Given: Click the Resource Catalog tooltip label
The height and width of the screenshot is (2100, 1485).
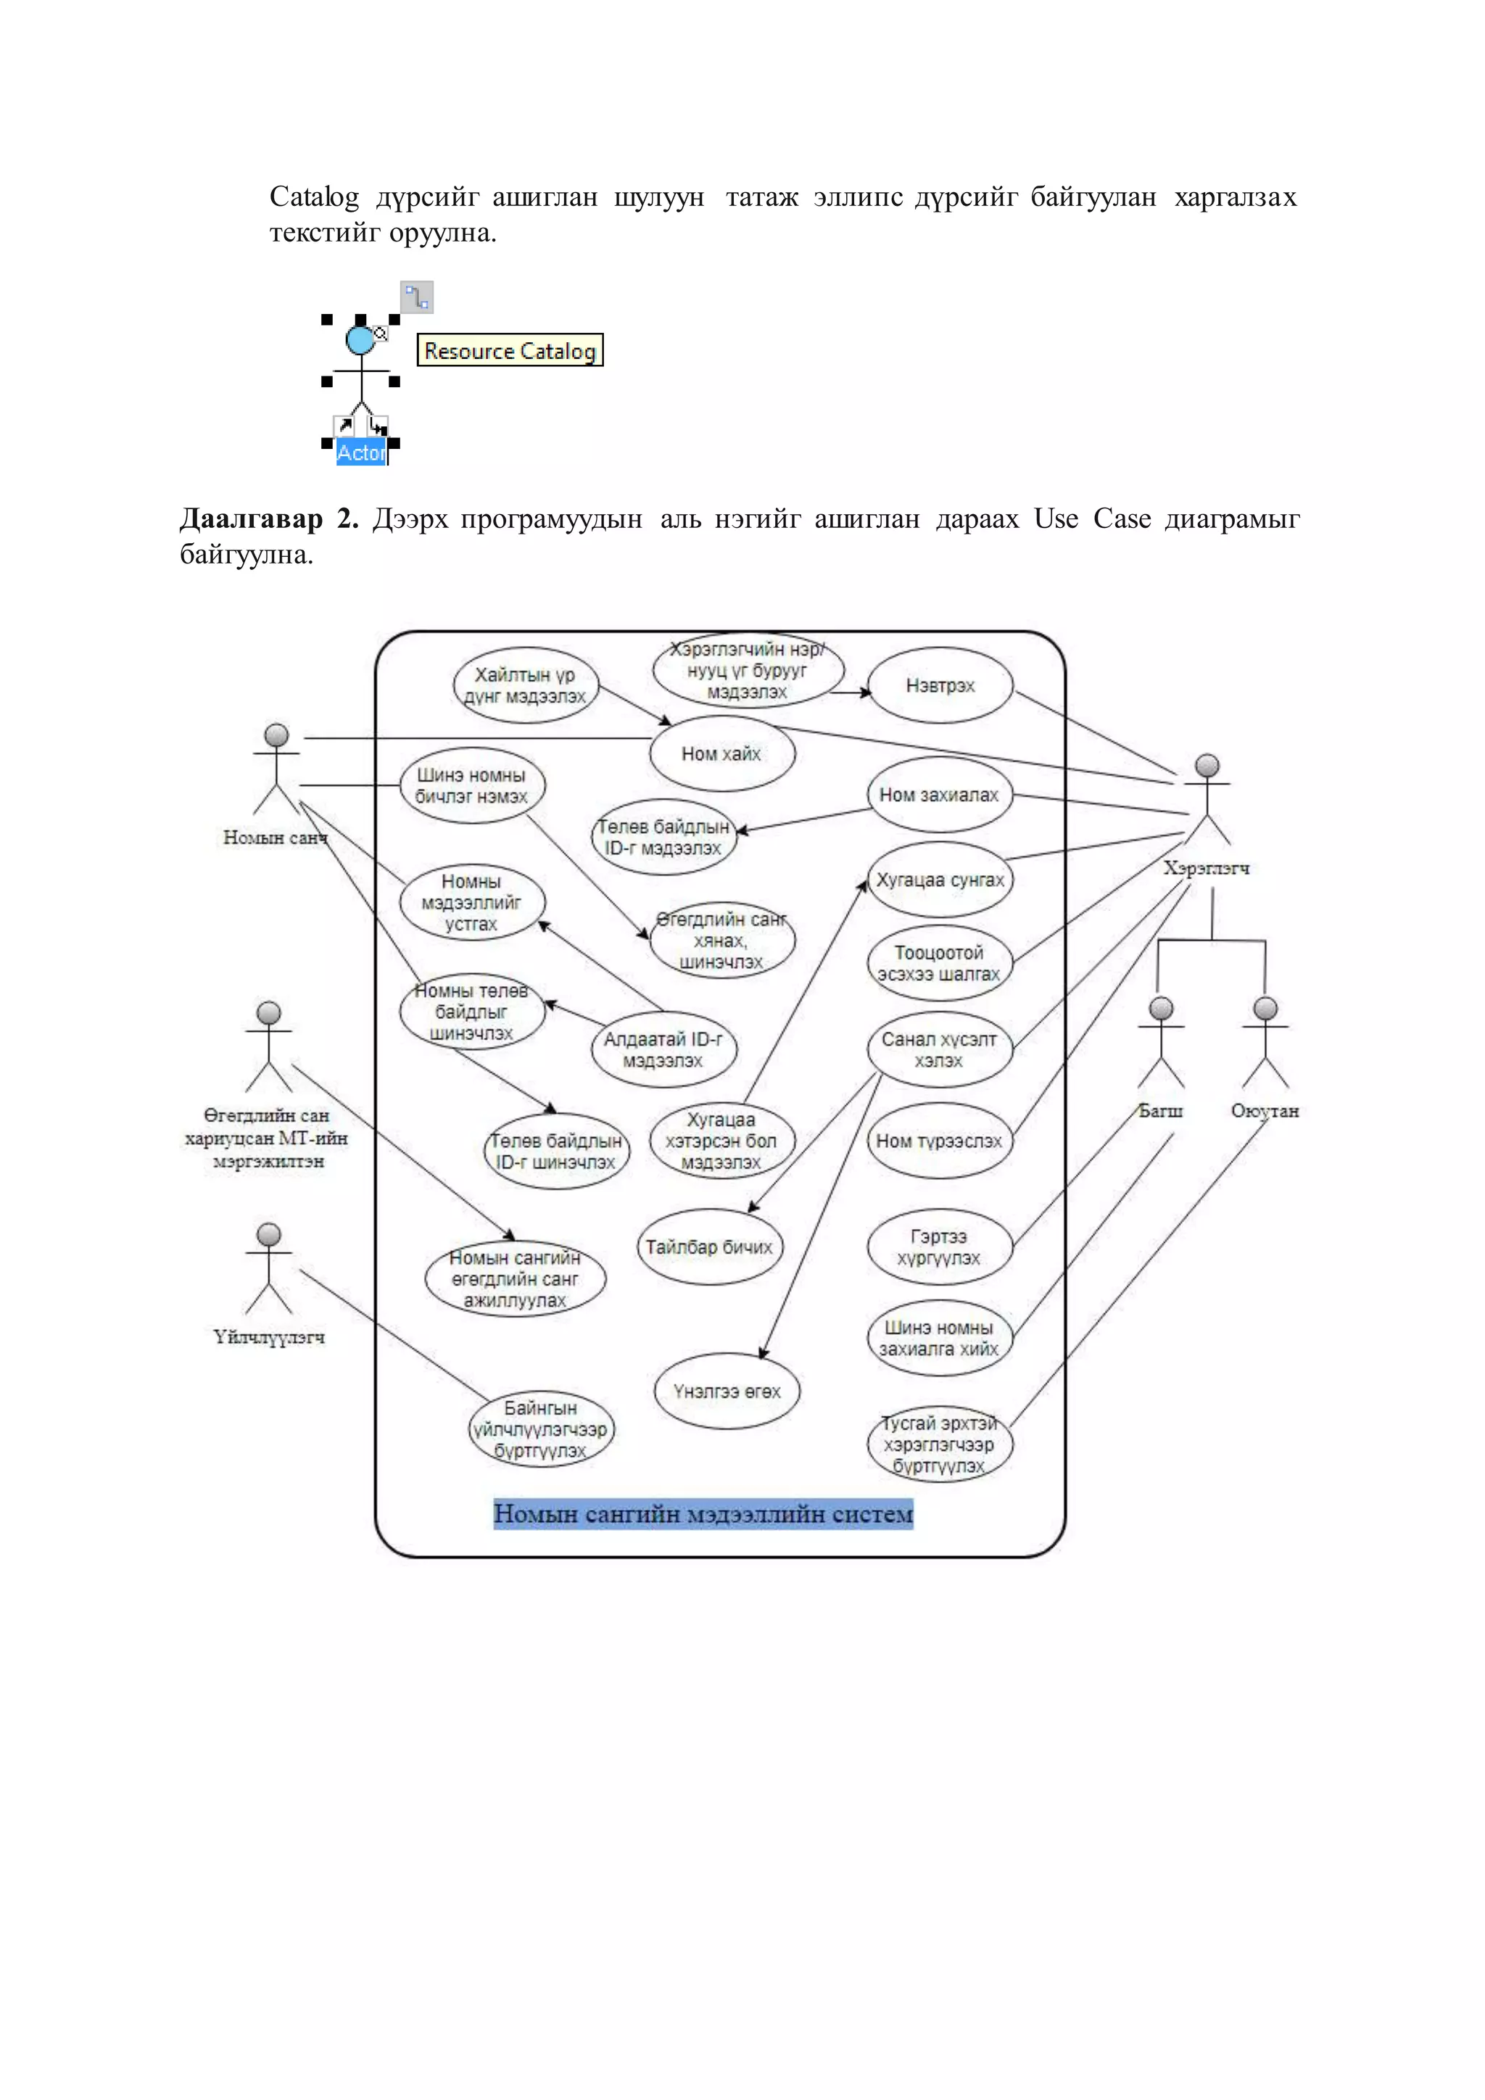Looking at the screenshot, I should (x=509, y=350).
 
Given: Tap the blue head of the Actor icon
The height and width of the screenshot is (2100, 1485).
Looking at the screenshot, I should (x=360, y=340).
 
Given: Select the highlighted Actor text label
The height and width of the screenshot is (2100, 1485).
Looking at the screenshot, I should (x=361, y=452).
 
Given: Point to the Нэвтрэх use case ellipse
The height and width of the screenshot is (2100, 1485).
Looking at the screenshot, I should (x=940, y=686).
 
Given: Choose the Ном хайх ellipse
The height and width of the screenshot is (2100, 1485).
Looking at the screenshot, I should (x=721, y=753).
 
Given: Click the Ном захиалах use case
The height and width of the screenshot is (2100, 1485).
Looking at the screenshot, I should (x=939, y=795).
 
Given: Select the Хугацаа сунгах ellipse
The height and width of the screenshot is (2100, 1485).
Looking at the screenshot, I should (x=940, y=880).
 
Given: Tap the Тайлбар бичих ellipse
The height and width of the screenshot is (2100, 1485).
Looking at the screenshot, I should (x=710, y=1247).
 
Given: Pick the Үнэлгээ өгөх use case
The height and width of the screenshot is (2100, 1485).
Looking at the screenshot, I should (x=727, y=1391).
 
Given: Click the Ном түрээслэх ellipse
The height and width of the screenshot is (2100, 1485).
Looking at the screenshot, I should (x=939, y=1141).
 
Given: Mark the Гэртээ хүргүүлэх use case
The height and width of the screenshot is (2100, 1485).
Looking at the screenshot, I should (x=939, y=1247).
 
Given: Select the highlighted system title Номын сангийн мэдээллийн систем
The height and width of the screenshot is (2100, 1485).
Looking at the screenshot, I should (x=703, y=1513).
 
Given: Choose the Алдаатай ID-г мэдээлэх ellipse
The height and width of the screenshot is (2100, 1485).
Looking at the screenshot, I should (x=663, y=1049).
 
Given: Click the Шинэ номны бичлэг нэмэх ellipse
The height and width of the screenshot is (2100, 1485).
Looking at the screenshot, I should (x=472, y=785).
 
